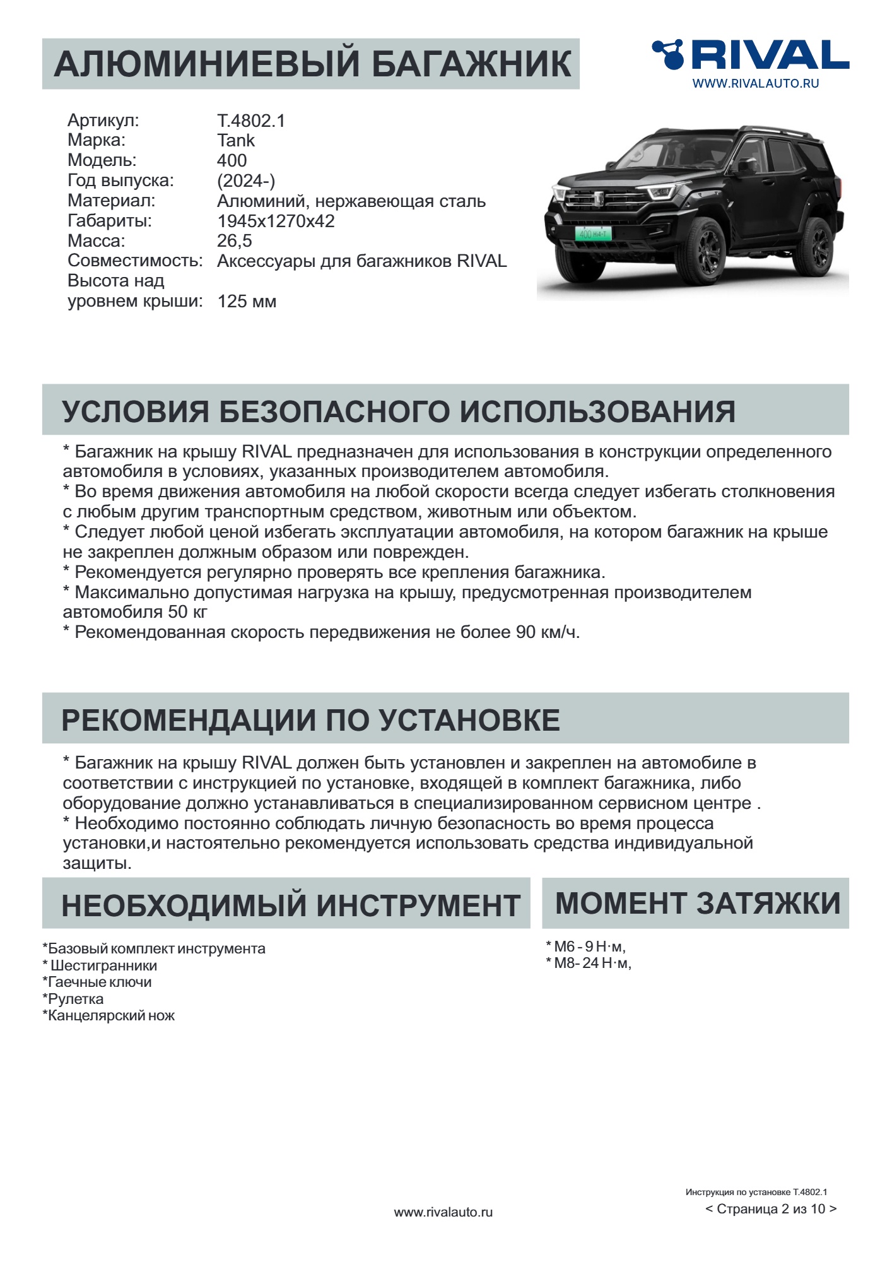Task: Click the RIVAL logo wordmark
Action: click(770, 55)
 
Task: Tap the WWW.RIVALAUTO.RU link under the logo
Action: click(755, 83)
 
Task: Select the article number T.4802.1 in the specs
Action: click(251, 121)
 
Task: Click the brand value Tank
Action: click(236, 140)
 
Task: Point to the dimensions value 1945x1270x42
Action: click(276, 221)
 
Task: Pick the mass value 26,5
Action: click(235, 240)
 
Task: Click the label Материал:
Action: click(111, 201)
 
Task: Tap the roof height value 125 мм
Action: click(247, 301)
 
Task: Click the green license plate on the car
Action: click(593, 234)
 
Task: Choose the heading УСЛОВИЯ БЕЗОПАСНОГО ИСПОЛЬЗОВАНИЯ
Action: click(398, 411)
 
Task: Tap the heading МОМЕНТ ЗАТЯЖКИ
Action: click(697, 903)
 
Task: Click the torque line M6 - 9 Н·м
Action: click(585, 946)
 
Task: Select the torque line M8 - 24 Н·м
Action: click(589, 963)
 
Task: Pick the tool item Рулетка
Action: click(74, 999)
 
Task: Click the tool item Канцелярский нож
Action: click(109, 1015)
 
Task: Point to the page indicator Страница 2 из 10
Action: click(771, 1209)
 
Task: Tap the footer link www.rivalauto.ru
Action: click(443, 1212)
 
